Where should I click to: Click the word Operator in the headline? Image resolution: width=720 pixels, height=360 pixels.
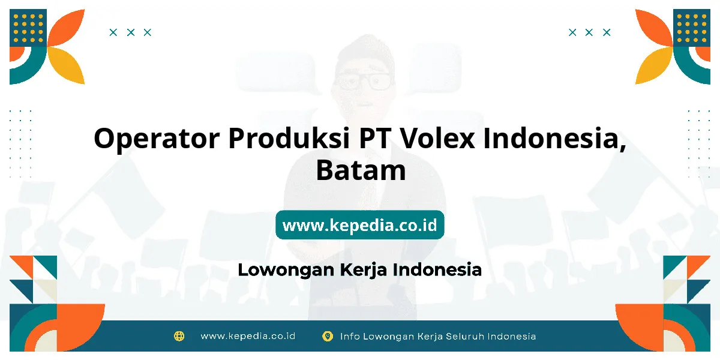(157, 139)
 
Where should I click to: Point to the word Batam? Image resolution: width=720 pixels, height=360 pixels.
(361, 170)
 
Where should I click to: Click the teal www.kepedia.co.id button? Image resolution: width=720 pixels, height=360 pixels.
(359, 224)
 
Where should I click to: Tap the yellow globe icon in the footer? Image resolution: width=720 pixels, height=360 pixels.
(179, 336)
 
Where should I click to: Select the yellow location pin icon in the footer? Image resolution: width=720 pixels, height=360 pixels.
(327, 336)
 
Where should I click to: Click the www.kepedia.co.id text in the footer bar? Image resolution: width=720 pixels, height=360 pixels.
(248, 336)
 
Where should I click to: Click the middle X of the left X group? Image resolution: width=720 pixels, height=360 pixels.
(131, 32)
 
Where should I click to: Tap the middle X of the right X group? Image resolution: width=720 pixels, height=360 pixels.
(589, 32)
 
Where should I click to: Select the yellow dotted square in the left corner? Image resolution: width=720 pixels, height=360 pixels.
(28, 28)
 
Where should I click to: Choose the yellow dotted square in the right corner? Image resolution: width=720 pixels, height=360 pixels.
(692, 28)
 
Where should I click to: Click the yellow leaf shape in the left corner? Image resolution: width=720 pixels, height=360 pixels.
(67, 65)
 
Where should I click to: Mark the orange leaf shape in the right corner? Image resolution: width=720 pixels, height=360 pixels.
(654, 28)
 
